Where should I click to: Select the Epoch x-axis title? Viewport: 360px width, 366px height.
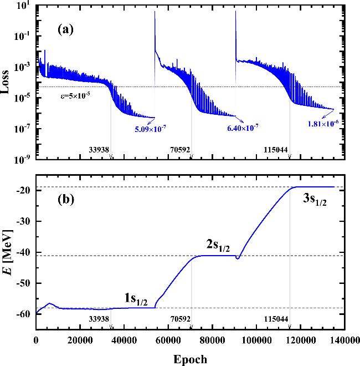[x=190, y=358]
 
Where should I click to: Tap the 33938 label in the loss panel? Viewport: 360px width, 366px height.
[x=100, y=149]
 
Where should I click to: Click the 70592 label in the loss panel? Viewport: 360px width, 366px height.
[x=180, y=149]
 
